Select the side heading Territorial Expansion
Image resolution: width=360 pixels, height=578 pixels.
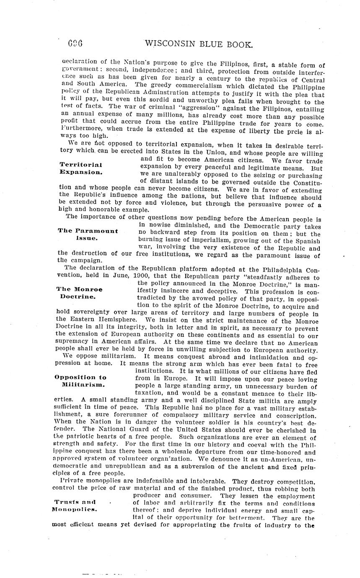[x=81, y=168]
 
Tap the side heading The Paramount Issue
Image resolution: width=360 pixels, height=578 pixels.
[x=88, y=234]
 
